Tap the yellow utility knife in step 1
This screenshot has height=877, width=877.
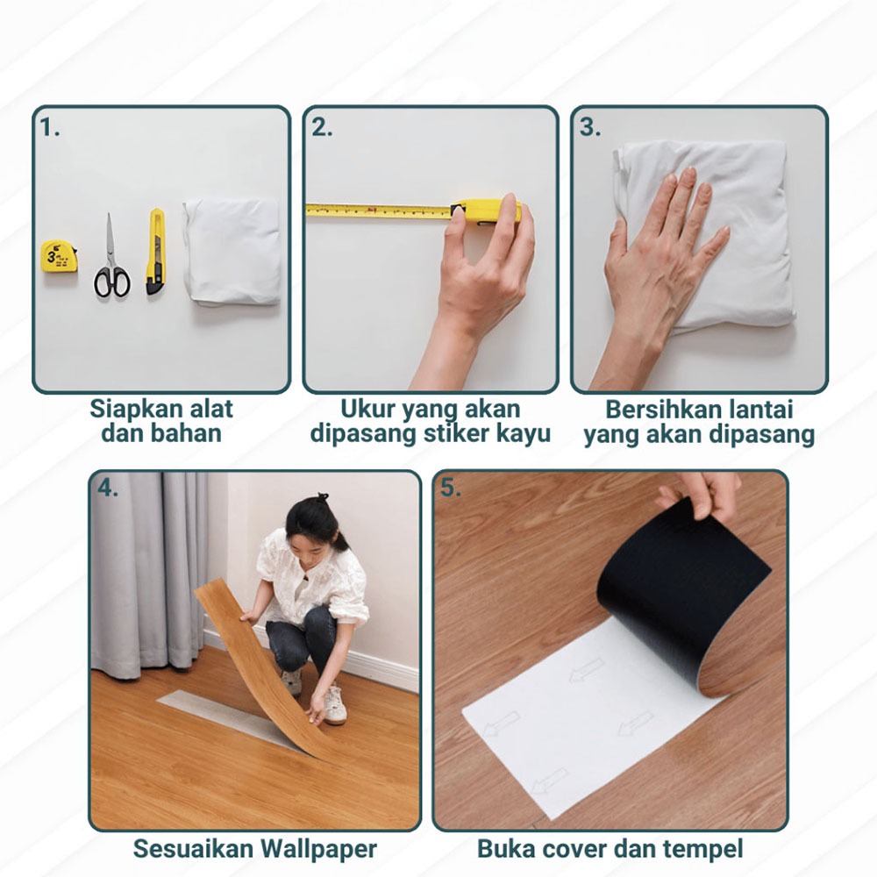click(155, 252)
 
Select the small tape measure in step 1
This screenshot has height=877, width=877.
click(59, 256)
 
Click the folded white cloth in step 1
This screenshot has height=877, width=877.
click(232, 252)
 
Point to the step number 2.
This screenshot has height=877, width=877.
click(322, 127)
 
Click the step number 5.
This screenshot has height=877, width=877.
click(450, 488)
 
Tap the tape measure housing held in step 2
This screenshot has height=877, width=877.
click(486, 212)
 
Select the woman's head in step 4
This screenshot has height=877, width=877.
click(313, 524)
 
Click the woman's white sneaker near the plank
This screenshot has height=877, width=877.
click(334, 705)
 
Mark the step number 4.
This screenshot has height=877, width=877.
click(107, 488)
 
